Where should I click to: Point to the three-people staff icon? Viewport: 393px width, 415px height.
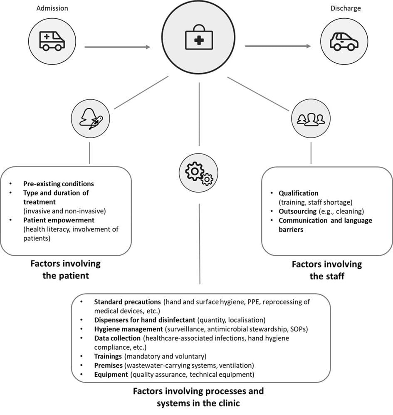pos(311,119)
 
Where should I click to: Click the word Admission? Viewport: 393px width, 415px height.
pos(52,8)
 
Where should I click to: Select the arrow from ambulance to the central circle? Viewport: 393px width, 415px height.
pos(117,47)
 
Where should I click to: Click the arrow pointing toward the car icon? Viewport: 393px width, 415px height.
pos(278,46)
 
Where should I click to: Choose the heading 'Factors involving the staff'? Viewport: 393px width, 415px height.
pos(326,269)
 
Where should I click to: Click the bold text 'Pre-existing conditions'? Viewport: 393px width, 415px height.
pos(59,184)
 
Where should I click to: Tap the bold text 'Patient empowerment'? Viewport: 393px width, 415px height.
pos(59,220)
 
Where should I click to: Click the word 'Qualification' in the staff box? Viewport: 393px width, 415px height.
pos(299,193)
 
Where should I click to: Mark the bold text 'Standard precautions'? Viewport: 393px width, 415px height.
pos(127,302)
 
